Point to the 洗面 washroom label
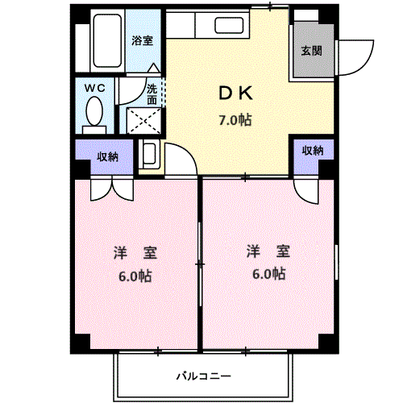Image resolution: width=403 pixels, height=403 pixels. point(152,93)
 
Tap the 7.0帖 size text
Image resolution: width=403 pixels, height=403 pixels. point(235,120)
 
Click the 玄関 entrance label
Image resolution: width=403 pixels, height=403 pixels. point(312,50)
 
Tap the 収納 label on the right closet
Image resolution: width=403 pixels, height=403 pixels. point(313,151)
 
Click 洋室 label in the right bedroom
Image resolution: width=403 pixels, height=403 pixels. point(268,251)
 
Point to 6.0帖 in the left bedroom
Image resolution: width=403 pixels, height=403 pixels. point(135,276)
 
